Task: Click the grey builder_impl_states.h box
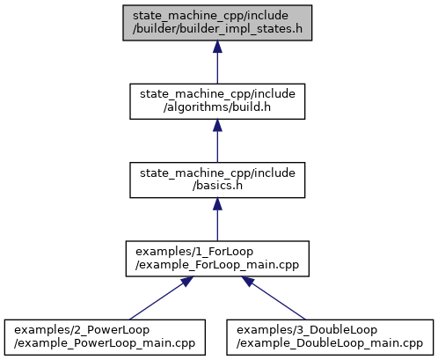pyautogui.click(x=217, y=23)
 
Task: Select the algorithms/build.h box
pyautogui.click(x=217, y=101)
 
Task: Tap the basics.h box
pyautogui.click(x=217, y=180)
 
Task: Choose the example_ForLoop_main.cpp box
pyautogui.click(x=217, y=259)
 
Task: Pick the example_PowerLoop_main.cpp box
pyautogui.click(x=105, y=337)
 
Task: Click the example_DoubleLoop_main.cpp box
pyautogui.click(x=330, y=337)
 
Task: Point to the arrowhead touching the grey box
pyautogui.click(x=217, y=47)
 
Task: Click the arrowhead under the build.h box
pyautogui.click(x=217, y=126)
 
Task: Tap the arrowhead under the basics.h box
pyautogui.click(x=217, y=204)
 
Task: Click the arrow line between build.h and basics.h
pyautogui.click(x=217, y=141)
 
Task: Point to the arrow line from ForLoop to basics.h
pyautogui.click(x=217, y=219)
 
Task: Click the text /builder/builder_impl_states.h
pyautogui.click(x=217, y=29)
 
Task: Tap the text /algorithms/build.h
pyautogui.click(x=217, y=107)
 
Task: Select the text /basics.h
pyautogui.click(x=217, y=186)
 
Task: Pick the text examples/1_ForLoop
pyautogui.click(x=194, y=252)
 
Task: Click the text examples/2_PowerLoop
pyautogui.click(x=82, y=330)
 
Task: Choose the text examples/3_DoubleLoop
pyautogui.click(x=307, y=330)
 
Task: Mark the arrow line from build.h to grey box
pyautogui.click(x=217, y=62)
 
